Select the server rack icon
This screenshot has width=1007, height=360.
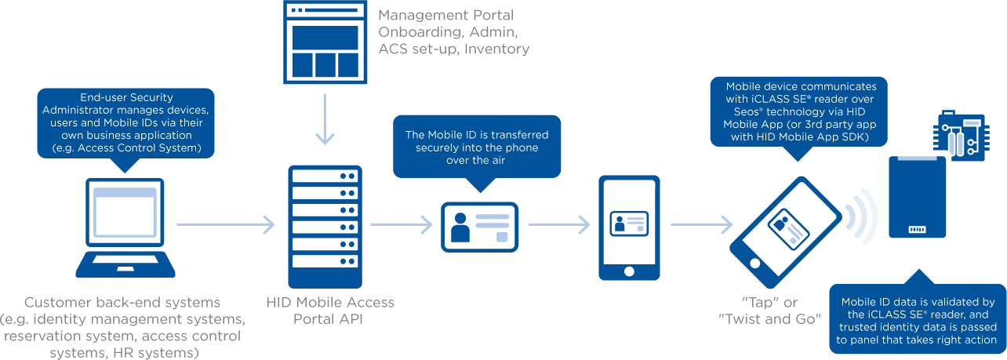coord(325,227)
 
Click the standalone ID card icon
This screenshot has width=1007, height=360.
coord(479,227)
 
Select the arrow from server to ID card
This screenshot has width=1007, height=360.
coord(401,225)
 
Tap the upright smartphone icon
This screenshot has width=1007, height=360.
coord(629,227)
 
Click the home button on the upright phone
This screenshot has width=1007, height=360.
coord(629,271)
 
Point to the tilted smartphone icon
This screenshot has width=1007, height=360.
coord(786,233)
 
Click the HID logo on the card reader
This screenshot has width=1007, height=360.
coord(917,230)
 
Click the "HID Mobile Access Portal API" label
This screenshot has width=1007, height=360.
coord(330,310)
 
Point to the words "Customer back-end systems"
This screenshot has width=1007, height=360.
coord(122,302)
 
